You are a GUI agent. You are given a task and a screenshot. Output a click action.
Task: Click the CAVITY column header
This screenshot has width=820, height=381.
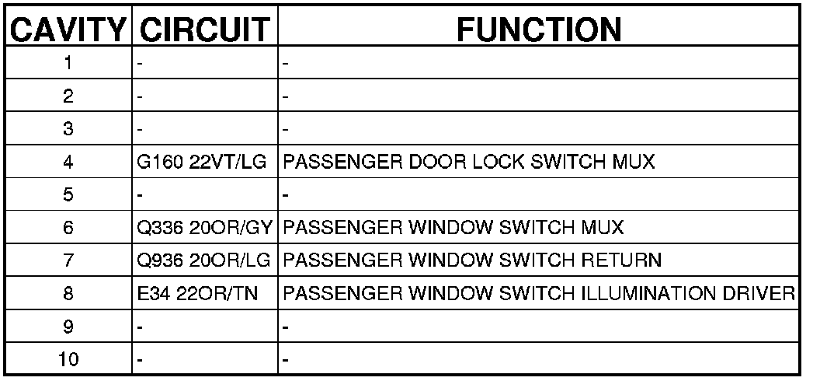click(68, 30)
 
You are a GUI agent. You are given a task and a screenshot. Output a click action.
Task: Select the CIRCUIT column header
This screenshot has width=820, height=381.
click(204, 30)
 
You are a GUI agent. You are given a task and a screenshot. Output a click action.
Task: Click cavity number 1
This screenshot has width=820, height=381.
click(68, 64)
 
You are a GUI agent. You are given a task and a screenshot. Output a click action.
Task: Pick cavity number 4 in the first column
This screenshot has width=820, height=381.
click(68, 163)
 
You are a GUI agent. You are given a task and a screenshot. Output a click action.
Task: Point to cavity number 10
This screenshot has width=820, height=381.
click(68, 361)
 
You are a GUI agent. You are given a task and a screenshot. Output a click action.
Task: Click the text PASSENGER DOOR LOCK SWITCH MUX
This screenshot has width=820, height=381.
click(469, 163)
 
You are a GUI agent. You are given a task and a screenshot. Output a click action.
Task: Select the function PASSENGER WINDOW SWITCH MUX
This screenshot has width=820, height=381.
click(453, 229)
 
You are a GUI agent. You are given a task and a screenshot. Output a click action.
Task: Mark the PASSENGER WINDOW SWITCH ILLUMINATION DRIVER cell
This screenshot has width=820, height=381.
click(538, 295)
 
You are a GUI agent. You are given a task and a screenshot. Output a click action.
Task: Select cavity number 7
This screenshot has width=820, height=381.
click(68, 261)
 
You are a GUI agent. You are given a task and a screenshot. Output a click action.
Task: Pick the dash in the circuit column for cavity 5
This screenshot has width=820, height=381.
click(140, 196)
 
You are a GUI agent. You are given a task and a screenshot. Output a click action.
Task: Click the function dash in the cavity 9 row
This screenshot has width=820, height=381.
click(286, 328)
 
